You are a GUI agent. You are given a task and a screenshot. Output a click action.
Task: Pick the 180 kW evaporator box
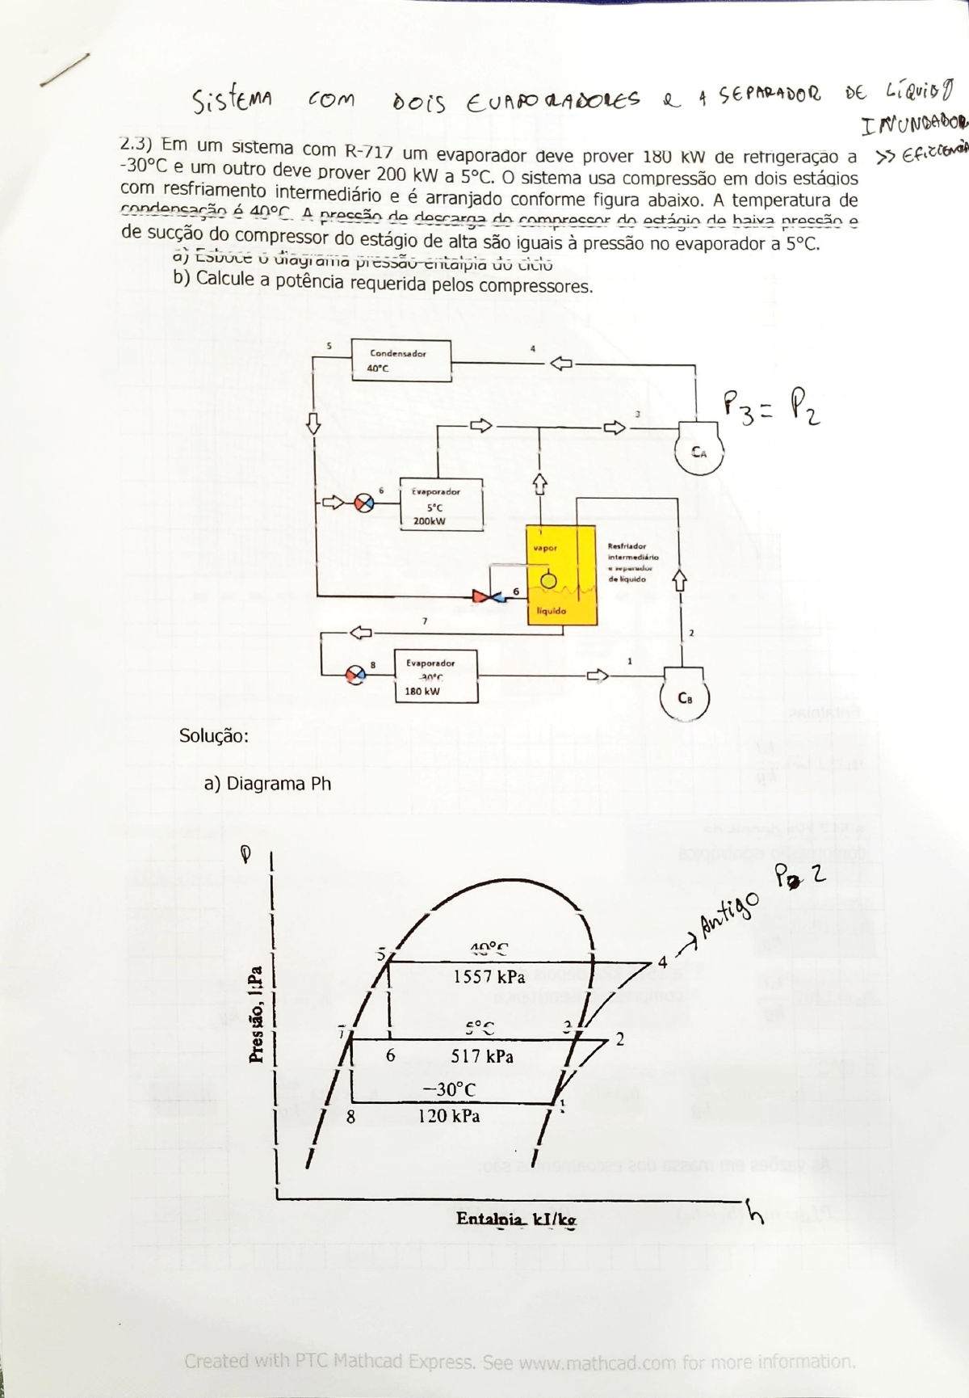point(435,676)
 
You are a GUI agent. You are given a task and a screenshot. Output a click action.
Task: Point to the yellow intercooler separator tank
point(562,575)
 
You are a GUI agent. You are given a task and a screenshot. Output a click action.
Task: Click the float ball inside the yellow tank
point(548,580)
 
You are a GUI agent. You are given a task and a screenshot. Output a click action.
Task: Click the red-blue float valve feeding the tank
point(488,596)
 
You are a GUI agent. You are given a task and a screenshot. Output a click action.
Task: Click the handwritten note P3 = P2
point(772,407)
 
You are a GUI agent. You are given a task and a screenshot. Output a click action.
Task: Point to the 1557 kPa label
point(489,977)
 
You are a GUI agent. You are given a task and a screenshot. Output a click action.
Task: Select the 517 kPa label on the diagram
point(482,1056)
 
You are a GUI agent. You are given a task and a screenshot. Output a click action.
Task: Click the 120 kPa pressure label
point(449,1116)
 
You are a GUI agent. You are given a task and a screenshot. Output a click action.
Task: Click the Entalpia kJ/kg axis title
point(517,1219)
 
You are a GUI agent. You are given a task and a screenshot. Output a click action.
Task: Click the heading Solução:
point(213,736)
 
